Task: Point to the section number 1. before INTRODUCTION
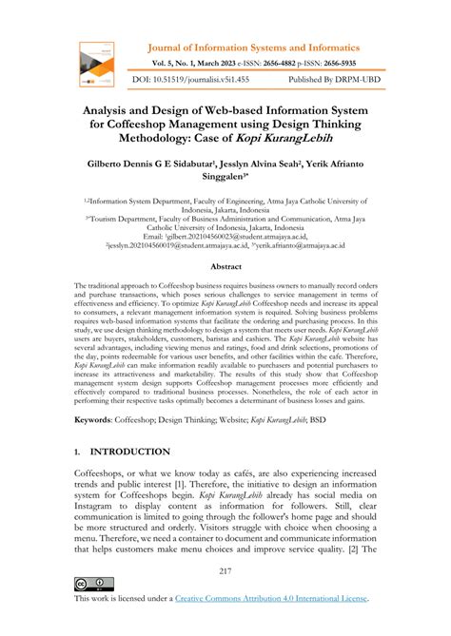coord(80,451)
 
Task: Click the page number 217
coord(225,570)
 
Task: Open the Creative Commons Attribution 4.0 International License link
coord(272,599)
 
